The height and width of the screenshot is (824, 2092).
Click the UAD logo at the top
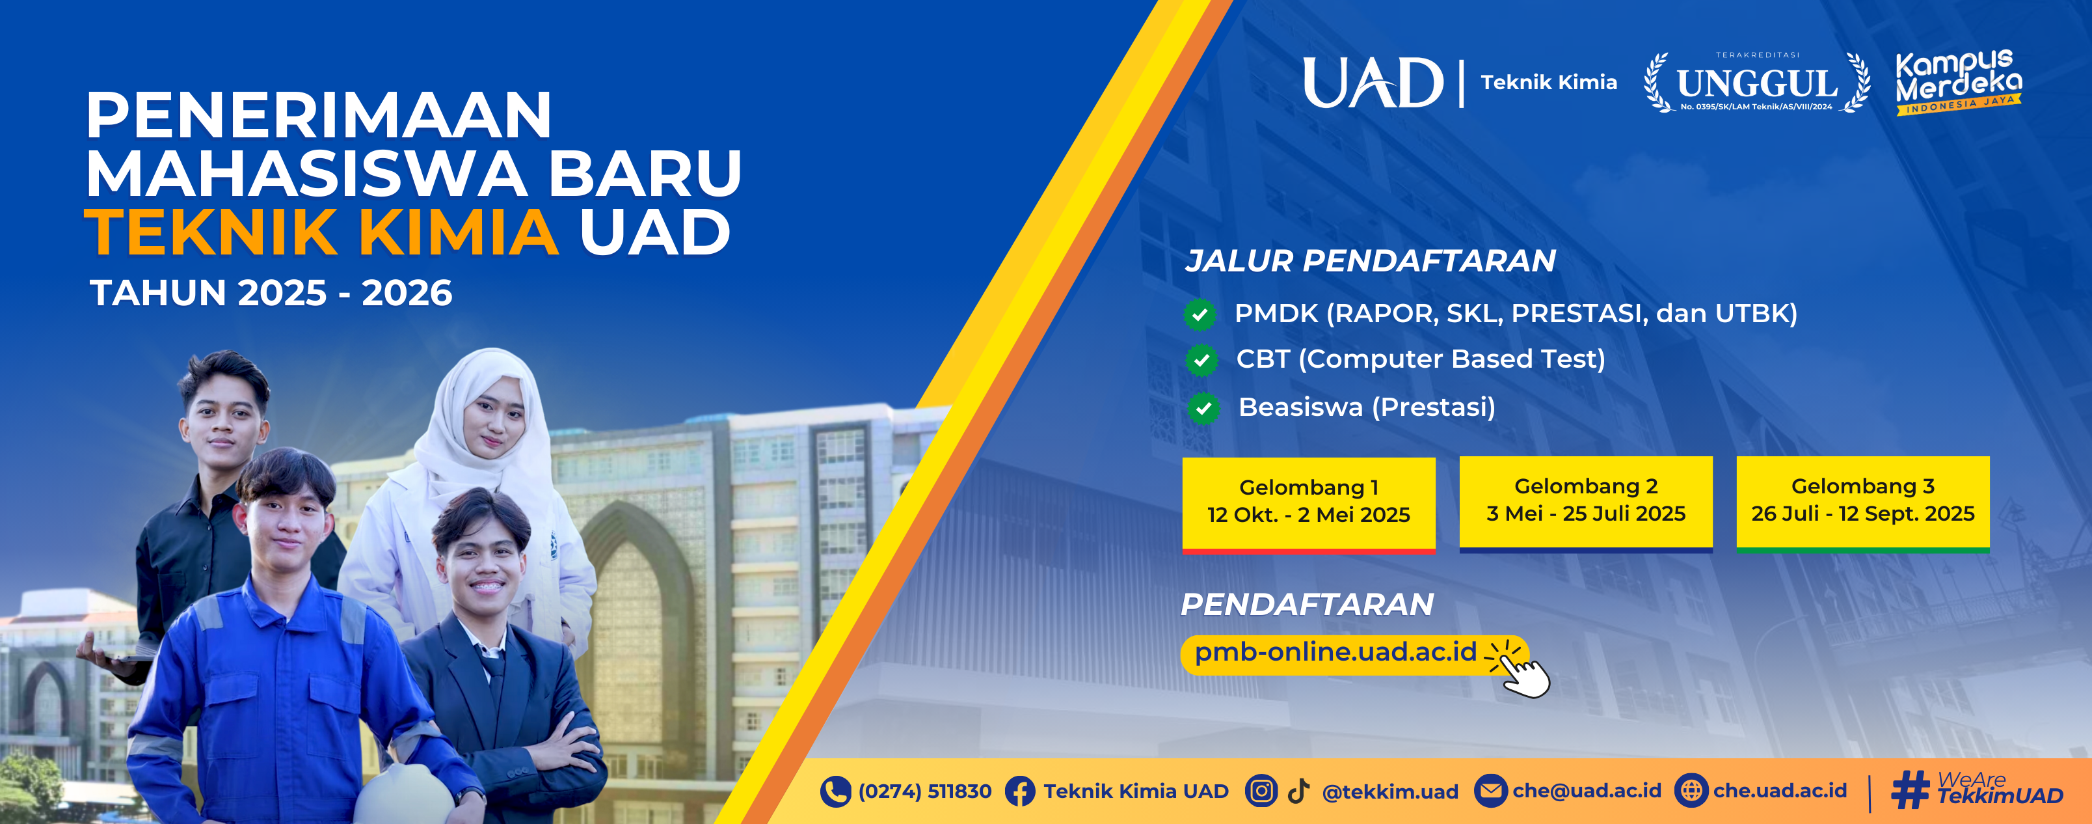(x=1373, y=82)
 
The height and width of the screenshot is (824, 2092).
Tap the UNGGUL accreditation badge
(x=1756, y=82)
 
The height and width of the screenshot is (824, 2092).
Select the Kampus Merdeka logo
(x=1958, y=82)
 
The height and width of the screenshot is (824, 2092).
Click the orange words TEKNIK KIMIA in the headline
(x=321, y=232)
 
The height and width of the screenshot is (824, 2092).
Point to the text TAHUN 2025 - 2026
(x=271, y=292)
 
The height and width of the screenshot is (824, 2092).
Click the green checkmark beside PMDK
(x=1200, y=314)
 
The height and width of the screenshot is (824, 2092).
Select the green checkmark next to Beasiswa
(x=1203, y=408)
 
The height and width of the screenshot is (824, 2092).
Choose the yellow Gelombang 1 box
(x=1308, y=504)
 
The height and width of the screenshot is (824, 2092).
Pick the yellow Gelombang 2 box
(x=1585, y=504)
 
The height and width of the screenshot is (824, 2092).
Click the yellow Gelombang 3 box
(x=1863, y=504)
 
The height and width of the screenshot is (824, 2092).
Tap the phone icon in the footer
(x=835, y=791)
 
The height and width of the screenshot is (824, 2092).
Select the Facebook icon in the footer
(x=1020, y=791)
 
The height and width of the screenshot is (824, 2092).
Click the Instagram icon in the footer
(x=1261, y=790)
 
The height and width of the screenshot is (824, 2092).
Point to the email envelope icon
(x=1490, y=790)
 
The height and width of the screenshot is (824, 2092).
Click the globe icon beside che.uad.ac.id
(x=1691, y=790)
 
